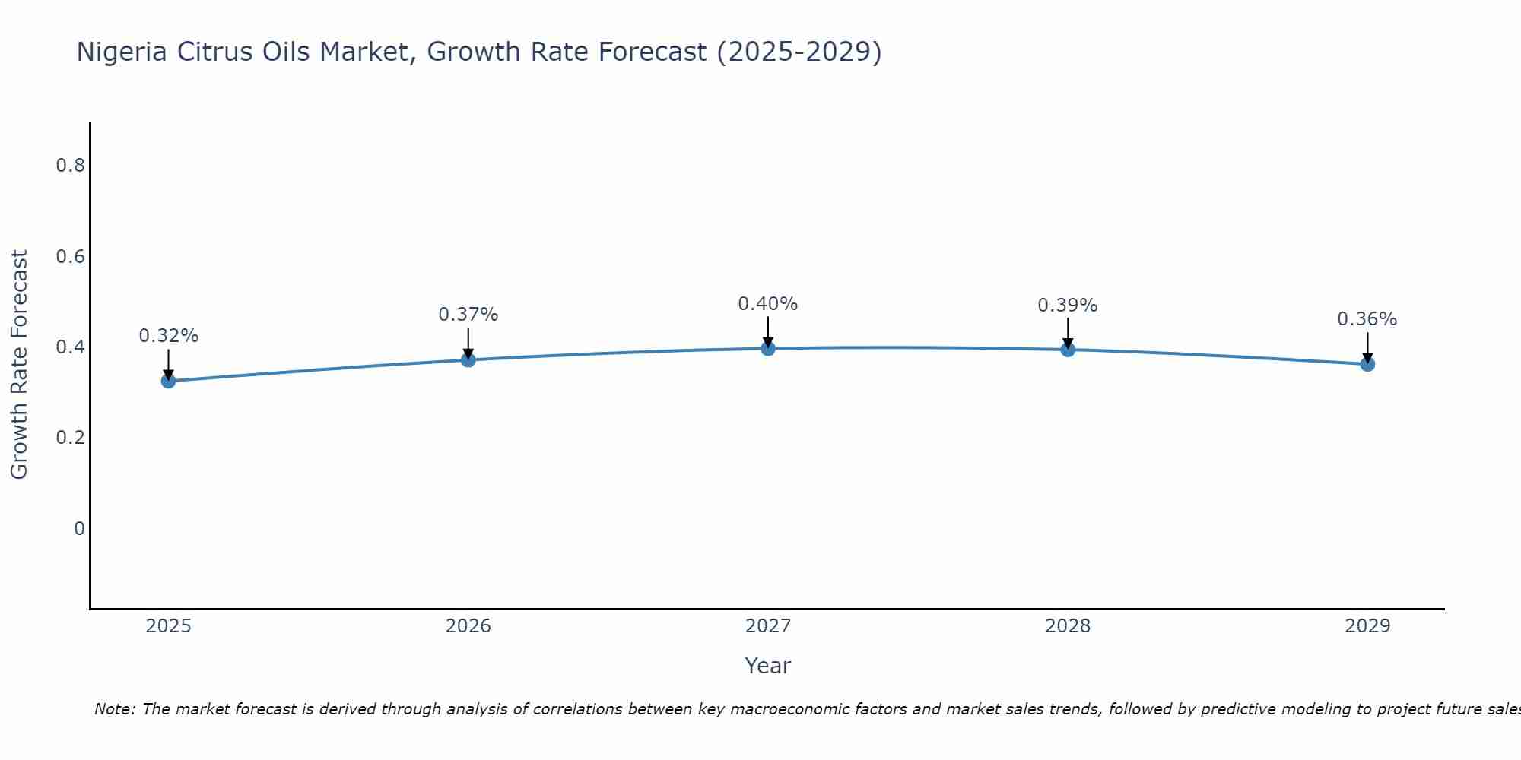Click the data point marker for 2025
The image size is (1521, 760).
169,381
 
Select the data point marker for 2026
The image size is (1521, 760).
468,359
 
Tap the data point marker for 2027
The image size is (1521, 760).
768,348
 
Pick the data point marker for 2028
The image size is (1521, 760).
1068,350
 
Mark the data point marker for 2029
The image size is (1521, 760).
1367,364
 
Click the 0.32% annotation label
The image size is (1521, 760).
169,336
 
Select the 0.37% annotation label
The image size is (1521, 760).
468,315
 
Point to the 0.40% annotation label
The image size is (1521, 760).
768,304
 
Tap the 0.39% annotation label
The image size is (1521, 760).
1068,306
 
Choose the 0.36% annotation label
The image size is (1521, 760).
1367,319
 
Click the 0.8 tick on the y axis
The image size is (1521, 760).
70,166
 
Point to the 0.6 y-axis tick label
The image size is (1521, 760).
70,257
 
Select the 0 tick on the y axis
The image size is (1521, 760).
79,529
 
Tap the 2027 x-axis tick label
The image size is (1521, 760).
768,626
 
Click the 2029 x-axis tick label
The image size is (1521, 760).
1367,626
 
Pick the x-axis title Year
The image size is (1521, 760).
768,666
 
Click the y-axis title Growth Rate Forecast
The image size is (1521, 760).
20,365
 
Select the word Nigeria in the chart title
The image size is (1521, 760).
122,52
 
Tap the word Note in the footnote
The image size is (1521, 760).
113,709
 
